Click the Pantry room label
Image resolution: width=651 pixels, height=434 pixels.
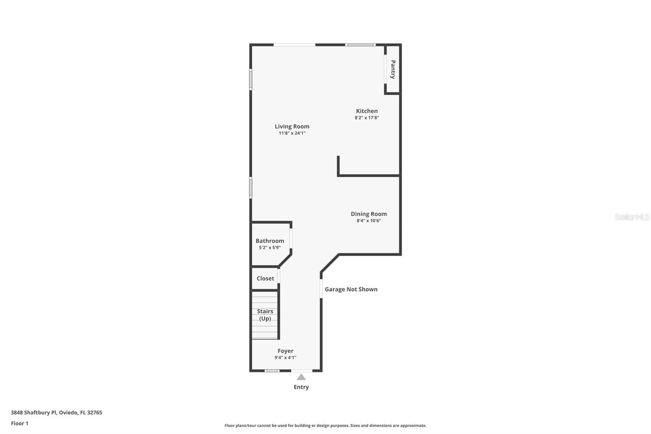pyautogui.click(x=393, y=69)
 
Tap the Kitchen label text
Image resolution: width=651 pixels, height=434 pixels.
pyautogui.click(x=367, y=111)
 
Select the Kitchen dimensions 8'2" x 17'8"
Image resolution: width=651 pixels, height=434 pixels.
pyautogui.click(x=367, y=118)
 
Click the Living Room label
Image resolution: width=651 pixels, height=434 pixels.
pyautogui.click(x=292, y=126)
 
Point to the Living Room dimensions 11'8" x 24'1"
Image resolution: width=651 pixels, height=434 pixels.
pyautogui.click(x=292, y=133)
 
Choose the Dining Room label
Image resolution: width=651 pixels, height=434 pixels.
pyautogui.click(x=369, y=214)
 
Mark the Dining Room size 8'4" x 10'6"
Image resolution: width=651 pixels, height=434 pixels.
pyautogui.click(x=369, y=221)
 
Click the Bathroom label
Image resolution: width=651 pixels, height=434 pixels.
pyautogui.click(x=270, y=241)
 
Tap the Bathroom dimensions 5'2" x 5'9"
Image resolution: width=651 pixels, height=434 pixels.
pyautogui.click(x=270, y=248)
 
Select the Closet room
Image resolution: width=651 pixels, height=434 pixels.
pyautogui.click(x=265, y=278)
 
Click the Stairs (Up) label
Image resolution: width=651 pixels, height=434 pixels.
pyautogui.click(x=265, y=315)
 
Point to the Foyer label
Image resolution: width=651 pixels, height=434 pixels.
pyautogui.click(x=285, y=351)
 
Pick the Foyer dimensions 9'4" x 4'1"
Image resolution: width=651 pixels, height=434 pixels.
pyautogui.click(x=285, y=358)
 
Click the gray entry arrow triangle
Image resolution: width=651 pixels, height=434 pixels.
pyautogui.click(x=301, y=377)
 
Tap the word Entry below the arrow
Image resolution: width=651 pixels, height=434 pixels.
pyautogui.click(x=301, y=387)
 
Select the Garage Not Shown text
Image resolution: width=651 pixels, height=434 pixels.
pyautogui.click(x=351, y=289)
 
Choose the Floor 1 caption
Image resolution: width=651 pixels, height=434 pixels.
pyautogui.click(x=20, y=423)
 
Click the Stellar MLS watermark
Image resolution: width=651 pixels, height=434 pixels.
pyautogui.click(x=631, y=217)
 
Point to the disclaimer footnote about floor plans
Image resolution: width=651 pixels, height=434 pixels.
pyautogui.click(x=325, y=425)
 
